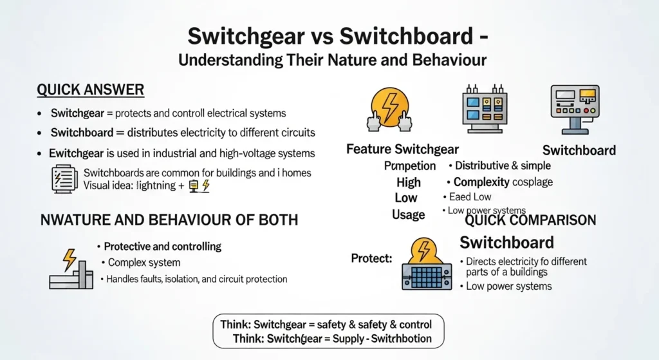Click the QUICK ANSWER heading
90,90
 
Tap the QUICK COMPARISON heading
530,221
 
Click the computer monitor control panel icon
575,108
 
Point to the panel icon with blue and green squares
484,108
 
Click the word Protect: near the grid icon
371,258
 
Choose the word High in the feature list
408,182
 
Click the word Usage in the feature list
408,214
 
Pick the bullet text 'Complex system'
144,263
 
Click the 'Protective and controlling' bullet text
162,246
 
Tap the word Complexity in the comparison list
481,182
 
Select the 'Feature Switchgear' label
402,149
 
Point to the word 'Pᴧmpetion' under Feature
410,166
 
